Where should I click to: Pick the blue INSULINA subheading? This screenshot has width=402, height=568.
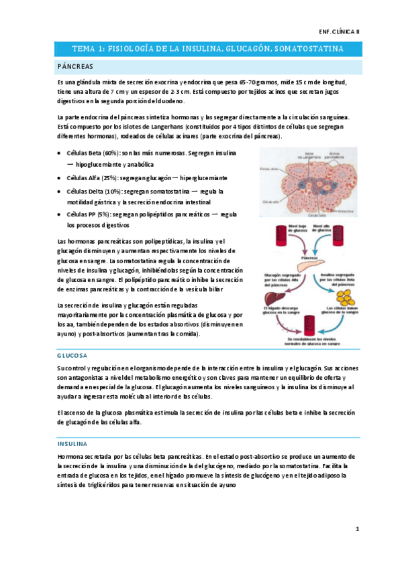tap(72, 443)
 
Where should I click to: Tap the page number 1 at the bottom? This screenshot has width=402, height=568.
tap(358, 529)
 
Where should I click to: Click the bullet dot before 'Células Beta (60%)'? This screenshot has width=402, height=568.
tap(60, 153)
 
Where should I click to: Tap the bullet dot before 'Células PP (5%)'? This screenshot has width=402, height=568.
tap(60, 214)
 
